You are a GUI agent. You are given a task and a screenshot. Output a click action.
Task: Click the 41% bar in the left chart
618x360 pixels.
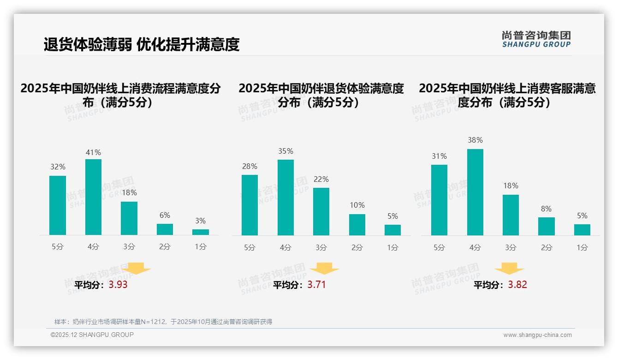pyautogui.click(x=93, y=197)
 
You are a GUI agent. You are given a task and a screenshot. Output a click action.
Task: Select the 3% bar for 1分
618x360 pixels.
pyautogui.click(x=201, y=232)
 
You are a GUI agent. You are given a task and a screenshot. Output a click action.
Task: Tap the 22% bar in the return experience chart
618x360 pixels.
pyautogui.click(x=321, y=211)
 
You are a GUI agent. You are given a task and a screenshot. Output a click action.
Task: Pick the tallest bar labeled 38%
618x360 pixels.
pyautogui.click(x=475, y=192)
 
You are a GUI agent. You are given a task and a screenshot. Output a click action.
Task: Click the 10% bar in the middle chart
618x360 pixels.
pyautogui.click(x=357, y=225)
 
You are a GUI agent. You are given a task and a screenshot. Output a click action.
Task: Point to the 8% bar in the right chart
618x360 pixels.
pyautogui.click(x=547, y=226)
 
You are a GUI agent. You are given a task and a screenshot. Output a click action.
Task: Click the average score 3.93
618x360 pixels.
pyautogui.click(x=118, y=285)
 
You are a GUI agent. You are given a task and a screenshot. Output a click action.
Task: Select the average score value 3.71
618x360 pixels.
pyautogui.click(x=316, y=285)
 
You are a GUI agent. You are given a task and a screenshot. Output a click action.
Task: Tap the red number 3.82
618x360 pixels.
pyautogui.click(x=517, y=285)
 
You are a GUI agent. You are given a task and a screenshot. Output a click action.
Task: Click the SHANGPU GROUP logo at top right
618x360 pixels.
pyautogui.click(x=536, y=39)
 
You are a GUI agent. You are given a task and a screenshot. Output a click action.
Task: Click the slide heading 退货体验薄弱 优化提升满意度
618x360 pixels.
pyautogui.click(x=142, y=44)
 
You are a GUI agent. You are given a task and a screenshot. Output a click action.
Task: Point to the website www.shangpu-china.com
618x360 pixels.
pyautogui.click(x=537, y=335)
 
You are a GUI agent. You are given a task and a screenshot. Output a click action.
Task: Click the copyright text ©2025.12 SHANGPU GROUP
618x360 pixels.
pyautogui.click(x=92, y=335)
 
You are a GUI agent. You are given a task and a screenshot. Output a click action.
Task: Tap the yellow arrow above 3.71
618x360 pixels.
pyautogui.click(x=324, y=269)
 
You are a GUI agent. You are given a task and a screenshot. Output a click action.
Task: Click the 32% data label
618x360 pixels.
pyautogui.click(x=58, y=167)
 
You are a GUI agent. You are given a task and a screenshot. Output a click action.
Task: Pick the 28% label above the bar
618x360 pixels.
pyautogui.click(x=250, y=166)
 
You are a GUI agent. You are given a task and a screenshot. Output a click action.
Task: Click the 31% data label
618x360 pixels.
pyautogui.click(x=439, y=156)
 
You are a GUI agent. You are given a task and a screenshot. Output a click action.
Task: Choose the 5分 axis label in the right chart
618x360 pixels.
pyautogui.click(x=439, y=247)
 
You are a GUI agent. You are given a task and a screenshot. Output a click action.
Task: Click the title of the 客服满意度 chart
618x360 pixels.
pyautogui.click(x=507, y=95)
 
